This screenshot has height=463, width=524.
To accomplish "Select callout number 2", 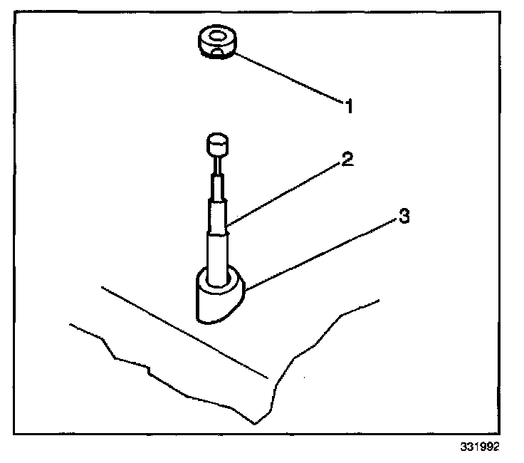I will tap(347, 159).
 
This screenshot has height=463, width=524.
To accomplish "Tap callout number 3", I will tap(404, 217).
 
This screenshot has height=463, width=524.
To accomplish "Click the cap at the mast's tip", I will tap(217, 146).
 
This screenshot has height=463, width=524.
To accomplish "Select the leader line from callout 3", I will tap(320, 253).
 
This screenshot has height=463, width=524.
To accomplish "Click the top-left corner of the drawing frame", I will tap(16, 16).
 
